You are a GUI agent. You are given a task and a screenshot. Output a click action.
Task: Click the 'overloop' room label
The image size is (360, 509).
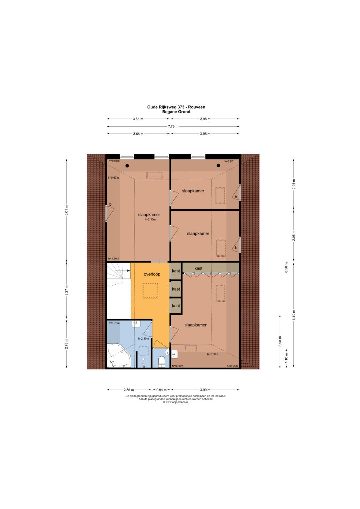click(x=152, y=274)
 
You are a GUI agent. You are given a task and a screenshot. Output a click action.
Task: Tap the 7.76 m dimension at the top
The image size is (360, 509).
click(x=173, y=126)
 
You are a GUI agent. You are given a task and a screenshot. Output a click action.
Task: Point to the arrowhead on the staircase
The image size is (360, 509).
click(x=128, y=271)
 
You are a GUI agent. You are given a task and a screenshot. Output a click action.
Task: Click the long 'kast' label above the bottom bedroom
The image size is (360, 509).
click(x=198, y=268)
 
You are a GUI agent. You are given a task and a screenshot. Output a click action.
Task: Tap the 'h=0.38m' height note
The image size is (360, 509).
click(x=177, y=366)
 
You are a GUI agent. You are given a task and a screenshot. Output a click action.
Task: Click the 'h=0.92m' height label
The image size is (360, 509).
click(x=230, y=161)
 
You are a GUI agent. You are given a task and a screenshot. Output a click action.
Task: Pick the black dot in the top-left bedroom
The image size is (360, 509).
click(x=127, y=166)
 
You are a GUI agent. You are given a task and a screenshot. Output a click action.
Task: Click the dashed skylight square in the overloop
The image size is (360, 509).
click(x=150, y=291)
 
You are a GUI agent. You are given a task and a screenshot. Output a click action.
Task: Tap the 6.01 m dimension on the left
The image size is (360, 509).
click(x=66, y=210)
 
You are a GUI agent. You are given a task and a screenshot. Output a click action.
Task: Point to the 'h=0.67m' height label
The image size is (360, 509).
click(x=113, y=178)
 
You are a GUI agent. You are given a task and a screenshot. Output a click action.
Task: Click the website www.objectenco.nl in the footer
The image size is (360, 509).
click(x=175, y=402)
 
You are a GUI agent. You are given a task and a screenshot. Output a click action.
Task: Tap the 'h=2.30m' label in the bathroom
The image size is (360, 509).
click(x=143, y=339)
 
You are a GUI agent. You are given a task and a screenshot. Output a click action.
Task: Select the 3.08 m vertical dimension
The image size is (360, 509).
click(x=280, y=341)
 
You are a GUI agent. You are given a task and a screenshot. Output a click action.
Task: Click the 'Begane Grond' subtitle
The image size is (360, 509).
click(x=176, y=112)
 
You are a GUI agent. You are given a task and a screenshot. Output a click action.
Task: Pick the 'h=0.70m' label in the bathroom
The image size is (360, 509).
click(x=114, y=323)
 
